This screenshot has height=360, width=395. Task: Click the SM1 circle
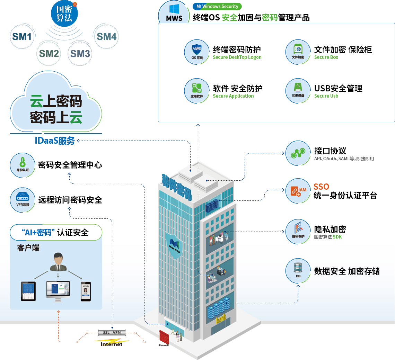click(21, 36)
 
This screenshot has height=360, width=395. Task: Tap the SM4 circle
click(106, 36)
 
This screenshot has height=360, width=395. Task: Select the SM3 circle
click(80, 53)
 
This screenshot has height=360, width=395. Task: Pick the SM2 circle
click(49, 53)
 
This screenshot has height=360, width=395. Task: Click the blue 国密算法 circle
click(64, 14)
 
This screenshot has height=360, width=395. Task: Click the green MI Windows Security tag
click(217, 6)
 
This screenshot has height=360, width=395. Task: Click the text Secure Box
click(326, 57)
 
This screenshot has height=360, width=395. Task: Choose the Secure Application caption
click(233, 96)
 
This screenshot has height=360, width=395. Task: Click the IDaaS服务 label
click(55, 141)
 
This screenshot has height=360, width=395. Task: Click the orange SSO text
click(321, 187)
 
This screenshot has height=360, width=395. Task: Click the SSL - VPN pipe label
click(112, 332)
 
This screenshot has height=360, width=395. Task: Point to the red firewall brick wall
click(164, 338)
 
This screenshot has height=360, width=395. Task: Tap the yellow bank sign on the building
click(221, 320)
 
